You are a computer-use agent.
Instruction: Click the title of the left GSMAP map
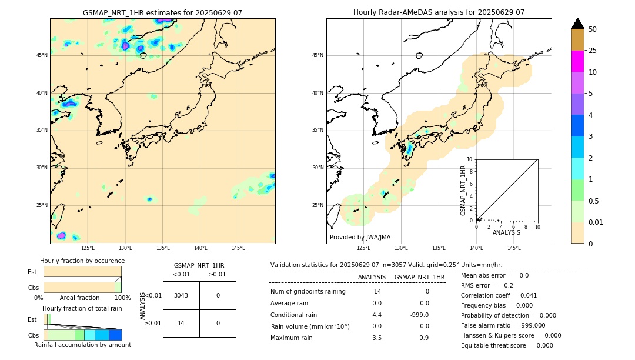[162, 12]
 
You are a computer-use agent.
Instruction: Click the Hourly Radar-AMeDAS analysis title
[439, 12]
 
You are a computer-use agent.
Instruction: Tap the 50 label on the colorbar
[593, 29]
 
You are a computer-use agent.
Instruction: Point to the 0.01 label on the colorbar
[596, 222]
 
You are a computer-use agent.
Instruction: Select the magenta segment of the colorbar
[577, 61]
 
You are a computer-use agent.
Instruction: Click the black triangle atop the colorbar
[577, 24]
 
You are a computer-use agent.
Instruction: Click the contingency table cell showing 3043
[181, 295]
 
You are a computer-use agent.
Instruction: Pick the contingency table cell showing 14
[181, 323]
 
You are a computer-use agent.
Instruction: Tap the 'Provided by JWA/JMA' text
[360, 237]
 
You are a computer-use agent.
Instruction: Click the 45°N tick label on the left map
[42, 55]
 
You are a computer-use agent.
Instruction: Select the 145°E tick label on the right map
[514, 248]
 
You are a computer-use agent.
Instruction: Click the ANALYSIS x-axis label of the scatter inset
[506, 232]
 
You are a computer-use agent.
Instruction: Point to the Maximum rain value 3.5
[377, 338]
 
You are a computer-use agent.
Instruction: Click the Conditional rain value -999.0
[419, 315]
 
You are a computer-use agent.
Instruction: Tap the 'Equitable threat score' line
[507, 345]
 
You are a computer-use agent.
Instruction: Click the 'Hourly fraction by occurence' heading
[82, 261]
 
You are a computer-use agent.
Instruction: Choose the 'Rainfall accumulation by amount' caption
[82, 345]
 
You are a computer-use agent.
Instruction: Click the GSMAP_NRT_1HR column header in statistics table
[419, 277]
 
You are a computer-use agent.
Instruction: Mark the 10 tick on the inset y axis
[470, 159]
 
